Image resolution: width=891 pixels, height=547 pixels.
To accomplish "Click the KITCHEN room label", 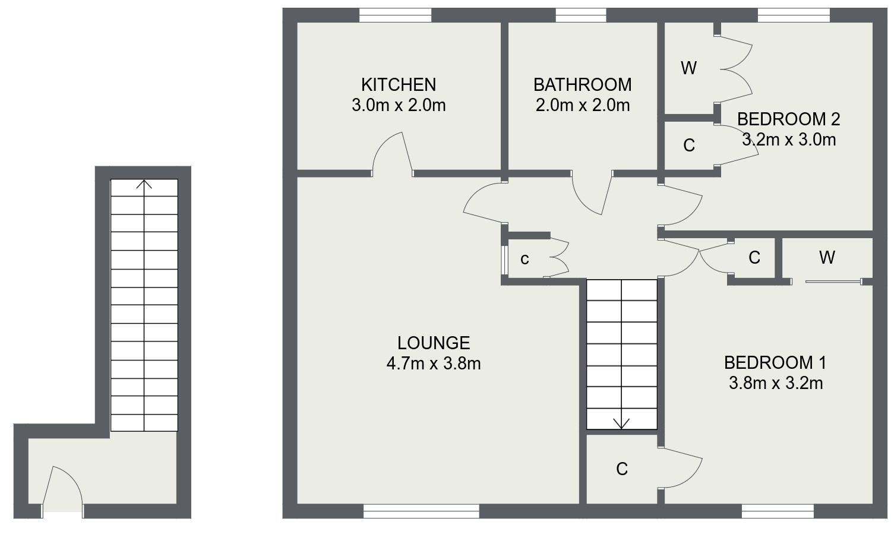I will click(x=399, y=84).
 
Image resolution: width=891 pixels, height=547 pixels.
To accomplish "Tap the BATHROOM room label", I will click(x=582, y=84).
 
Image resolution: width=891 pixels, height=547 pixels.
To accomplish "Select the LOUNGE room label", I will click(x=434, y=343).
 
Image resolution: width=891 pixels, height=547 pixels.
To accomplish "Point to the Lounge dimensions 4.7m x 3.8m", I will click(x=434, y=363).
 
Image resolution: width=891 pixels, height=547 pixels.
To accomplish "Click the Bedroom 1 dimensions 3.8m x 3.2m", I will click(x=776, y=383).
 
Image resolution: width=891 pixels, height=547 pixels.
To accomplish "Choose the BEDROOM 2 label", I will click(x=788, y=119).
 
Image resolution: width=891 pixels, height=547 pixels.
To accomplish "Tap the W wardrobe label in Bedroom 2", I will click(x=688, y=69).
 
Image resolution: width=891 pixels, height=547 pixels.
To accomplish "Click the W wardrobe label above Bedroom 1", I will click(x=827, y=258).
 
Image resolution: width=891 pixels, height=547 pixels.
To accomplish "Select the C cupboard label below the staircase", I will click(x=622, y=469).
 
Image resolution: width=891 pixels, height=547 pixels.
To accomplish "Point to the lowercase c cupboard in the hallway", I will click(x=525, y=259).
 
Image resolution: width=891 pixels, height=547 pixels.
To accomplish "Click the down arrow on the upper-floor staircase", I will click(x=622, y=422).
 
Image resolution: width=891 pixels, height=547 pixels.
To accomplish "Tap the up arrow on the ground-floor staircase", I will click(x=144, y=184).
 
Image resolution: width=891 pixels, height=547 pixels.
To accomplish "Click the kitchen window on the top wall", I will click(x=395, y=15).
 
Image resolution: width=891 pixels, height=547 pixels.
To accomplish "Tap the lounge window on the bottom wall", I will click(x=421, y=511).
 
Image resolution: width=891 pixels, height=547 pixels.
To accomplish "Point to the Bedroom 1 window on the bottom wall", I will click(x=778, y=511).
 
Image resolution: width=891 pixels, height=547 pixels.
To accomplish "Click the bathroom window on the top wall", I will click(x=580, y=15).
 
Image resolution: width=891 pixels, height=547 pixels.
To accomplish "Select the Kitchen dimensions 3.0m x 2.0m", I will click(x=399, y=105).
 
